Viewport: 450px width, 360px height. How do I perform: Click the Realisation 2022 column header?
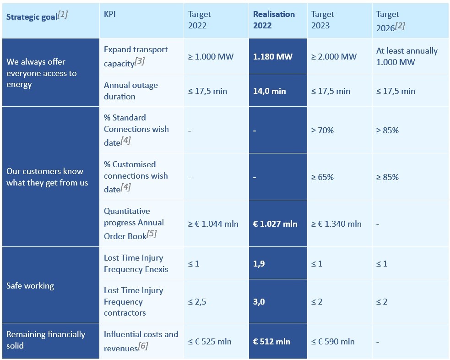[274, 20]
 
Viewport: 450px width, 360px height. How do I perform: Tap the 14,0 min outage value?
[269, 91]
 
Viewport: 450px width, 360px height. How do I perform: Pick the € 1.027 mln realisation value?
[275, 224]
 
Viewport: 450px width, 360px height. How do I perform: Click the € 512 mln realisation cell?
[271, 341]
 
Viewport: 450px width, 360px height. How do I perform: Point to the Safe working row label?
[30, 286]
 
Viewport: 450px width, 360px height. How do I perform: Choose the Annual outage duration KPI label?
[130, 91]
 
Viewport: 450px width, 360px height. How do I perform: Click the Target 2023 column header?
[323, 20]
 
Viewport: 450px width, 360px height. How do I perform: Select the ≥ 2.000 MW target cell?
[334, 57]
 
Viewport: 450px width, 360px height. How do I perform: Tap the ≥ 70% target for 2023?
[323, 131]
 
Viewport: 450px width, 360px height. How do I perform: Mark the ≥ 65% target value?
[323, 177]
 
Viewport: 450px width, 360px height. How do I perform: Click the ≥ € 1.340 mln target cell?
[336, 224]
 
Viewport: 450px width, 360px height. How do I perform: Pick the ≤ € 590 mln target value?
[333, 341]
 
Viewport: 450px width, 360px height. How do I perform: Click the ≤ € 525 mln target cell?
[210, 341]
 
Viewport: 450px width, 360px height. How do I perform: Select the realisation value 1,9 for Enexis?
[259, 263]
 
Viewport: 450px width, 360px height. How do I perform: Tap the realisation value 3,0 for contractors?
[259, 302]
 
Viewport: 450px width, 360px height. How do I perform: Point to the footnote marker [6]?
[143, 346]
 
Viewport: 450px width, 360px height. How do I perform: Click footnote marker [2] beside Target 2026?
[400, 26]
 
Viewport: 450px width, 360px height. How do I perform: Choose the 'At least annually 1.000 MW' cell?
[407, 56]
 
